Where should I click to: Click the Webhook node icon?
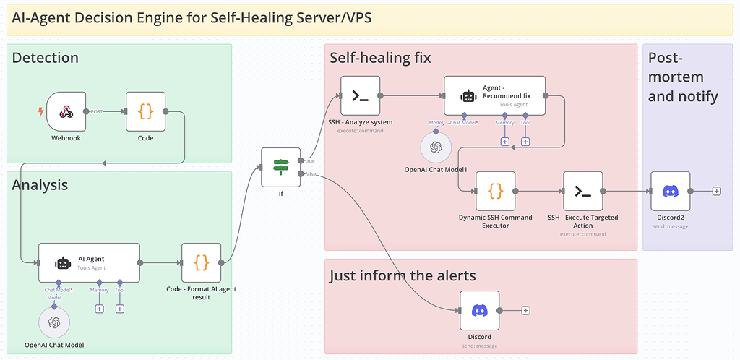(x=66, y=111)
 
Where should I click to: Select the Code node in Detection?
(x=145, y=111)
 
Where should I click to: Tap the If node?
(x=280, y=167)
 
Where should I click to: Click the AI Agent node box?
(x=89, y=263)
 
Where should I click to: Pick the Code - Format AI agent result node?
(x=202, y=263)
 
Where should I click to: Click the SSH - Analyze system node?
(x=360, y=95)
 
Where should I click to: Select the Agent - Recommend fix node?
(x=494, y=95)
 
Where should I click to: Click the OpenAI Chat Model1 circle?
(x=436, y=147)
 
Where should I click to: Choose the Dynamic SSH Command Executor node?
(x=495, y=191)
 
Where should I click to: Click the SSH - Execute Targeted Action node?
(x=582, y=191)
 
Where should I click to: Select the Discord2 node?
(x=671, y=191)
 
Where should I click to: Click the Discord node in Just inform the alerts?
(x=479, y=310)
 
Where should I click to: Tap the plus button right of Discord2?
(x=716, y=191)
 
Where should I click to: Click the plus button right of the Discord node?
(x=525, y=310)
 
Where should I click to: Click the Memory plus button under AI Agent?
(x=99, y=309)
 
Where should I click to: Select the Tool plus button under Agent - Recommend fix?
(x=525, y=141)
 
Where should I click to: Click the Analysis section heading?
(x=40, y=185)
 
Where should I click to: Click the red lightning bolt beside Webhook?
(x=41, y=111)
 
